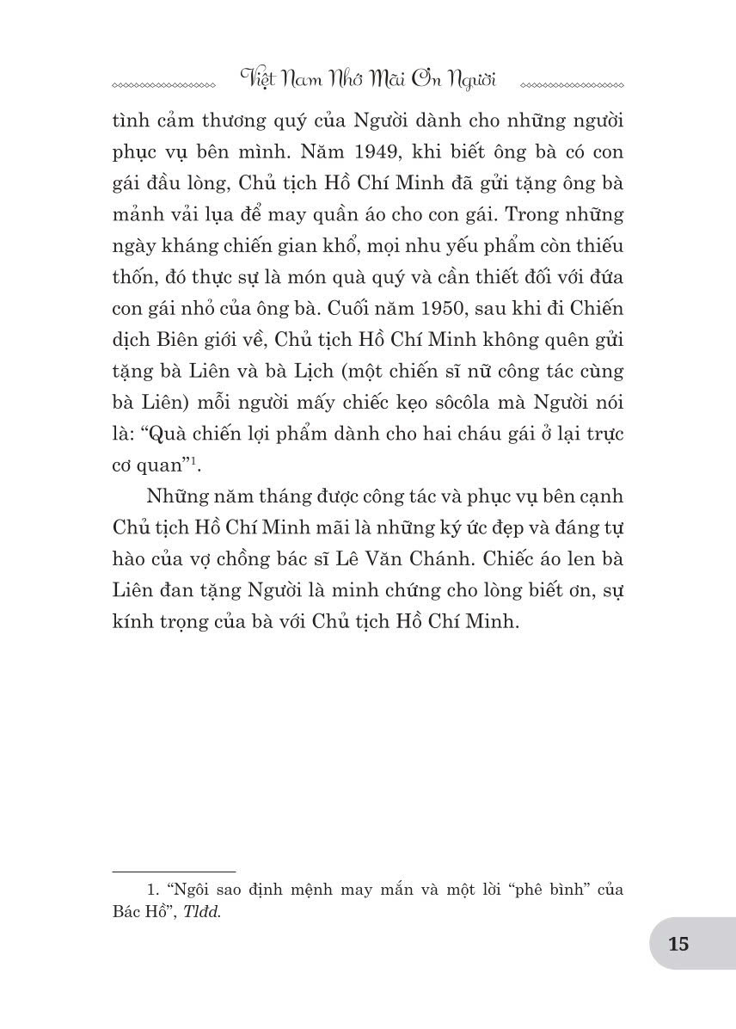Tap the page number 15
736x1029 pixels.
coord(678,944)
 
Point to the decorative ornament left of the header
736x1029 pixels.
coord(164,86)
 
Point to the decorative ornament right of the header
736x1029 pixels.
coord(573,86)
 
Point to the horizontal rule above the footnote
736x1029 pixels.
coord(174,872)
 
